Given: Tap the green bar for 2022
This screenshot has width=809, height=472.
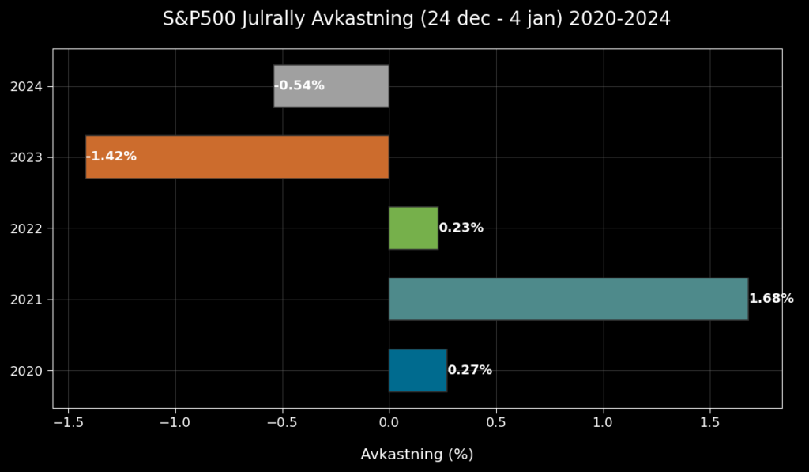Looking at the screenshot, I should [x=413, y=228].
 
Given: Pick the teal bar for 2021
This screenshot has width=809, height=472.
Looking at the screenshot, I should [x=568, y=299].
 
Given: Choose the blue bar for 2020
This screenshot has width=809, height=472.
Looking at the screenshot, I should [x=417, y=370].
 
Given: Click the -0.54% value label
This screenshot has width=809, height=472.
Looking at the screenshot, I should [x=299, y=85].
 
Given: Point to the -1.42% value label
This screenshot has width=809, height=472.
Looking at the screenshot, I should [x=111, y=157].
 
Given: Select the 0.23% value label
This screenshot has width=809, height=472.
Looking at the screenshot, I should [x=461, y=228].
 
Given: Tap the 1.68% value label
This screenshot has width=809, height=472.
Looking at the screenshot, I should [x=771, y=299].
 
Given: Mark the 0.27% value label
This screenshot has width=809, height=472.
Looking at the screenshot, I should [x=469, y=370].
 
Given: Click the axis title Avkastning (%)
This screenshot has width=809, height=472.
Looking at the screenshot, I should [x=417, y=455].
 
